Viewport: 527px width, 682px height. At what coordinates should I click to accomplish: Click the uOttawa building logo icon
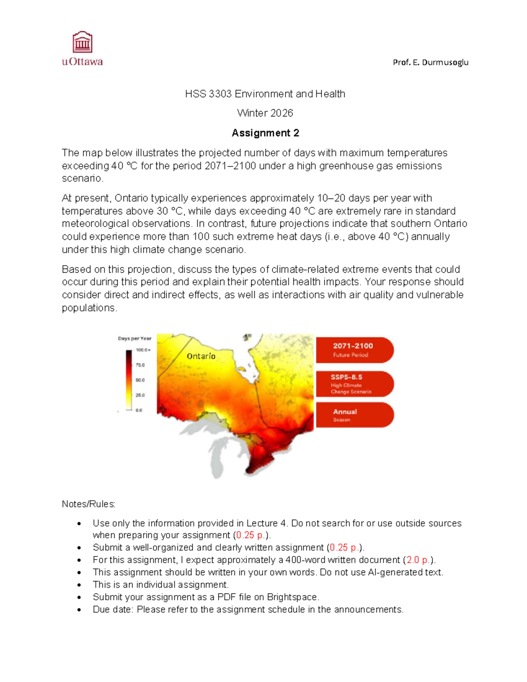[82, 43]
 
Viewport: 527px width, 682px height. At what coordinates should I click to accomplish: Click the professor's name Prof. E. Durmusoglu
[430, 62]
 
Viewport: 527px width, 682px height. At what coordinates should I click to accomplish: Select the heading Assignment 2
[265, 133]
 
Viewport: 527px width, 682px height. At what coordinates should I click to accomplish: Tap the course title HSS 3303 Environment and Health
[265, 94]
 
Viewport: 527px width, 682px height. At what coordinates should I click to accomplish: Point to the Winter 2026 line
[265, 113]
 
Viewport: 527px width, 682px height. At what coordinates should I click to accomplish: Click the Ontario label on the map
[201, 356]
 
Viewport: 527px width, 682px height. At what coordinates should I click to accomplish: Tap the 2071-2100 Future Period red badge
[354, 350]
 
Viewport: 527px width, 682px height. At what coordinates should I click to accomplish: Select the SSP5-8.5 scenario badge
[354, 384]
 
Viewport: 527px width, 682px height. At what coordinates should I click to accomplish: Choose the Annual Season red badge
[354, 415]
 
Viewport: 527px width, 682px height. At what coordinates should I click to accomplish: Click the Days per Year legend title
[134, 339]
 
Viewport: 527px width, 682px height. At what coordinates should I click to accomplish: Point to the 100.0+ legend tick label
[143, 350]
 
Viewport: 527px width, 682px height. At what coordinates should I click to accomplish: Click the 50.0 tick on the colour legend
[140, 380]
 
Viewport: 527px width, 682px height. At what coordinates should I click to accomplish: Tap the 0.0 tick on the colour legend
[139, 410]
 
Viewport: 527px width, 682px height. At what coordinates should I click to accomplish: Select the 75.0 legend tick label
[140, 365]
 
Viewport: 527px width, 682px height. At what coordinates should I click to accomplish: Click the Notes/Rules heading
[88, 504]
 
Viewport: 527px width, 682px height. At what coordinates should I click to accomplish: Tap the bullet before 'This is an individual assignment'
[79, 585]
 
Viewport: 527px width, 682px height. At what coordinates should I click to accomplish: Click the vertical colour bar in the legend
[129, 380]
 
